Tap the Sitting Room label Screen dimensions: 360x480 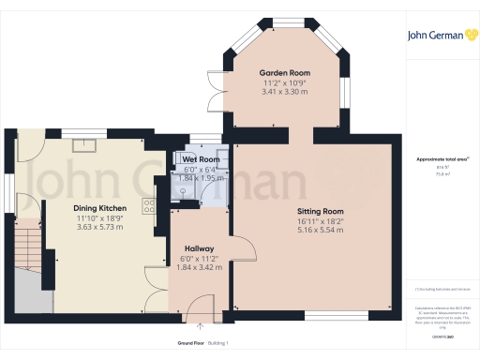[x=321, y=212]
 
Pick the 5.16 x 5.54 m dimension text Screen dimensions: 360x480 [x=321, y=230]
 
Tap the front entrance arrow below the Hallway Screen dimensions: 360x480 [x=200, y=328]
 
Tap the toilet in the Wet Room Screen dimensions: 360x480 [x=183, y=186]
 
